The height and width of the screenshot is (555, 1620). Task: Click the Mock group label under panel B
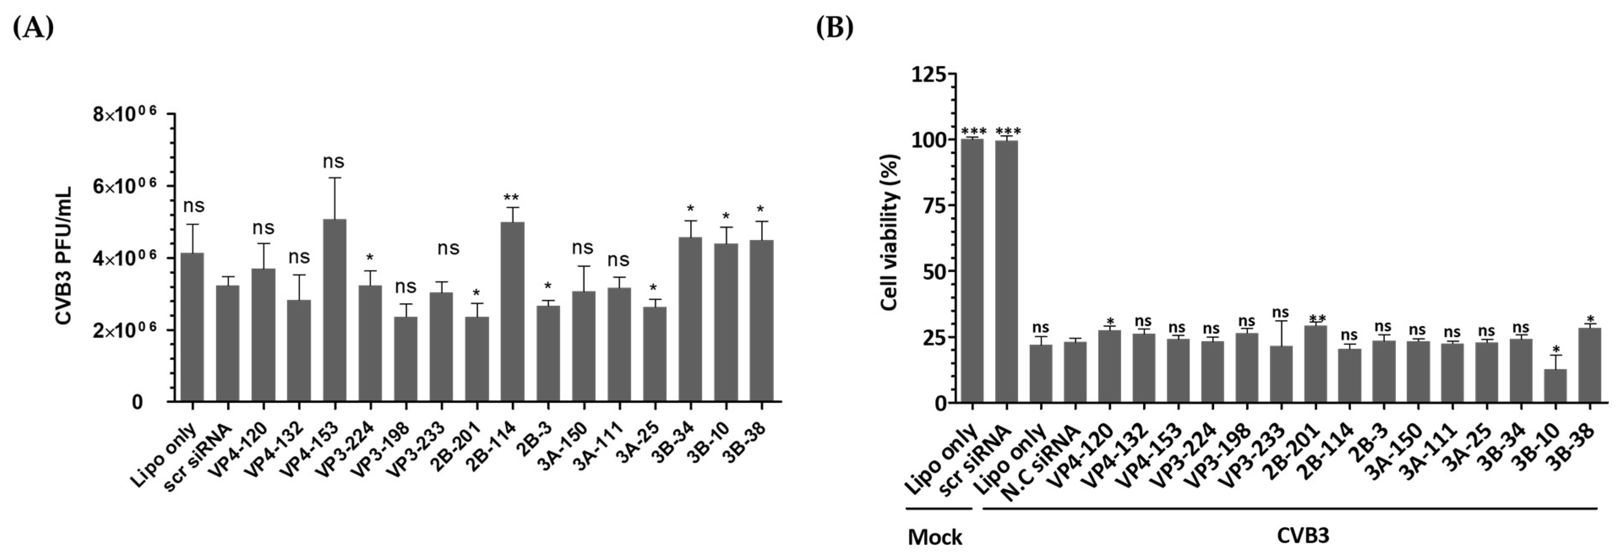(x=935, y=537)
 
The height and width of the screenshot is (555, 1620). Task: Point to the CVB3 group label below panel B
(x=1302, y=536)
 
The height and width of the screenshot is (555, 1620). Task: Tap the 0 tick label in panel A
(x=137, y=402)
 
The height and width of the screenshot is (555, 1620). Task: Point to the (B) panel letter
(x=835, y=28)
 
